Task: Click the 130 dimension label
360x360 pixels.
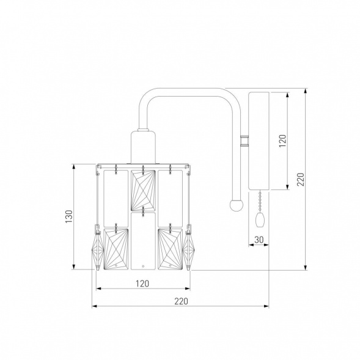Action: [69, 216]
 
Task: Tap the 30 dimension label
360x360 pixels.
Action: [259, 240]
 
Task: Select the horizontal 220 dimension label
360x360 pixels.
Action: [181, 301]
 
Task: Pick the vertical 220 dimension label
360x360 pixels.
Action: [300, 179]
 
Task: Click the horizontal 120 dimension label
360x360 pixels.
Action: [142, 284]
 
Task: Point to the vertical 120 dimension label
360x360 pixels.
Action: [282, 141]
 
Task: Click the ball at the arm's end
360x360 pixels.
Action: [237, 205]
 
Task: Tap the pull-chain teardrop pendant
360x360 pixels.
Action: [260, 219]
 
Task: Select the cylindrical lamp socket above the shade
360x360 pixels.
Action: [143, 147]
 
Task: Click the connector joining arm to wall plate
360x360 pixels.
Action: [244, 141]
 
